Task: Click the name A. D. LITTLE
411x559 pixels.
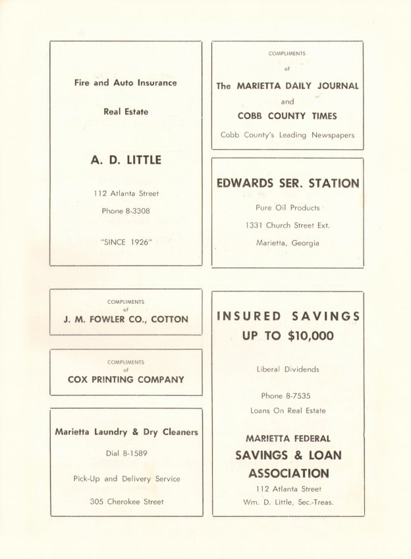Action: coord(126,160)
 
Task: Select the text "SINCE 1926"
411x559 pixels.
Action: coord(126,241)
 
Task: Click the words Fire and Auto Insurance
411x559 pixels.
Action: coord(125,83)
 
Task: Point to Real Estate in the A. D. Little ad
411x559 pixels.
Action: coord(126,112)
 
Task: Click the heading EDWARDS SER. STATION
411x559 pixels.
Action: coord(288,183)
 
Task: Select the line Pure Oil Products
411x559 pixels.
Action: coord(287,207)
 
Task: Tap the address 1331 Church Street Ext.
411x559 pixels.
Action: coord(287,225)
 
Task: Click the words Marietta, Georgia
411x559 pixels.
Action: coord(287,243)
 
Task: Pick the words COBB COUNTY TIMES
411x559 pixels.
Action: coord(287,116)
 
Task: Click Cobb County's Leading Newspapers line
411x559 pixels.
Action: coord(287,135)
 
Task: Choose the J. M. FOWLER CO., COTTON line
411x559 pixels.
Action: coord(126,319)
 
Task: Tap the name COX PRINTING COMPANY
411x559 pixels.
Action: coord(126,379)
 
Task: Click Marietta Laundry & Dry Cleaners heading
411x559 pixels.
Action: coord(126,432)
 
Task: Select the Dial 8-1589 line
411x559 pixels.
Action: coord(126,454)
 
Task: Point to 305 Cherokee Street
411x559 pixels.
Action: coord(126,502)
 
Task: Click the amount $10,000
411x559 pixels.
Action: coord(310,336)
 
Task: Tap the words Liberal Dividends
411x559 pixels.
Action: coord(287,370)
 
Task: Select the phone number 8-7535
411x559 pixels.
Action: coord(300,396)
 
